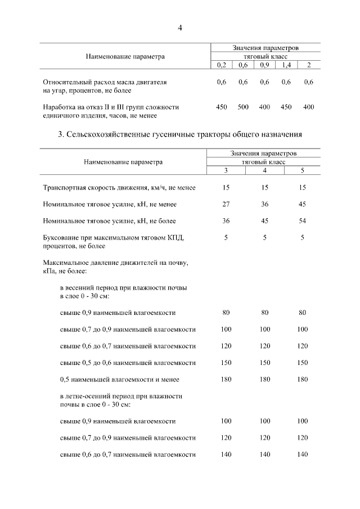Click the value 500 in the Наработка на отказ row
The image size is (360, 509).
(x=243, y=107)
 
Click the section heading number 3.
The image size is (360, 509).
(x=60, y=134)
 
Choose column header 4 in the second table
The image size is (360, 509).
(x=264, y=170)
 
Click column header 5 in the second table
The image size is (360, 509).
(x=302, y=170)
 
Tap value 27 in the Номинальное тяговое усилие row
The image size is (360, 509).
(x=226, y=204)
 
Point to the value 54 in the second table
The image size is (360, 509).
(x=302, y=220)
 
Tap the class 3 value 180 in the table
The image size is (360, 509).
(x=226, y=379)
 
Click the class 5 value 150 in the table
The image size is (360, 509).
(x=302, y=362)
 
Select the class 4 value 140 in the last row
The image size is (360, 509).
(x=264, y=454)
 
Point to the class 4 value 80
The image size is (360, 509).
(x=264, y=312)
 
